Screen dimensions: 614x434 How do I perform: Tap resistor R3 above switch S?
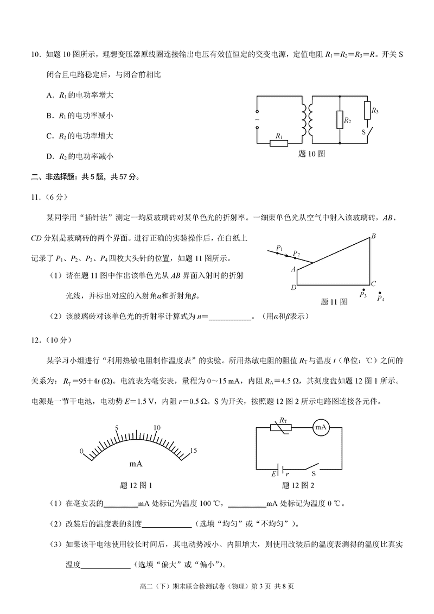click(367, 109)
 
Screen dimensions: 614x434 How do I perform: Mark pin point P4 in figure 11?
click(380, 294)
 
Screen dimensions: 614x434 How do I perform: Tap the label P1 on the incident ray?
click(279, 248)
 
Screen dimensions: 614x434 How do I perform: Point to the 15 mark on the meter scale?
click(194, 451)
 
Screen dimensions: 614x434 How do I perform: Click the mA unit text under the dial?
click(136, 464)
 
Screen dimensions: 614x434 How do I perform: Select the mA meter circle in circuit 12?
click(321, 428)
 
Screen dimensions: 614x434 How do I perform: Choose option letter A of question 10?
click(49, 95)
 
